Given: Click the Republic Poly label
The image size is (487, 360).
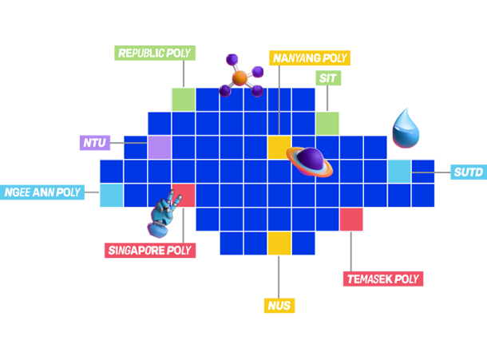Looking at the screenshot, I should pyautogui.click(x=154, y=53).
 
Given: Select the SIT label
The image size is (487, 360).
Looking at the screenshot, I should pyautogui.click(x=327, y=78).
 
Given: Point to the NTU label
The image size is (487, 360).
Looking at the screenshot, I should pyautogui.click(x=94, y=143).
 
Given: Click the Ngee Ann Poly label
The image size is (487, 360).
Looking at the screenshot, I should pyautogui.click(x=42, y=192).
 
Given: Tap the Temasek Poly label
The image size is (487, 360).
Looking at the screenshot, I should pyautogui.click(x=382, y=279).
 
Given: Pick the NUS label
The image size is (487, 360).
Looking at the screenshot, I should pyautogui.click(x=279, y=305).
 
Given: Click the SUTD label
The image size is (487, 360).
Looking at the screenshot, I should pyautogui.click(x=468, y=172).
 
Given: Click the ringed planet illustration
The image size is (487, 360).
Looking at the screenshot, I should pyautogui.click(x=310, y=161).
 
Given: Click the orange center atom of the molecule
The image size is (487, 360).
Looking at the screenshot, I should pyautogui.click(x=240, y=77).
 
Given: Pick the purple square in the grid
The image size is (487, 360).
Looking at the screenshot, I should pyautogui.click(x=160, y=148).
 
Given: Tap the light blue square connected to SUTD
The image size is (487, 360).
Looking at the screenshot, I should pyautogui.click(x=399, y=172).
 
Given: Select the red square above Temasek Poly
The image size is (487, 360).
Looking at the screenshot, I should pyautogui.click(x=351, y=219).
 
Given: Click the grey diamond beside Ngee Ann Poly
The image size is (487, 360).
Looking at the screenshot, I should pyautogui.click(x=91, y=192).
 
